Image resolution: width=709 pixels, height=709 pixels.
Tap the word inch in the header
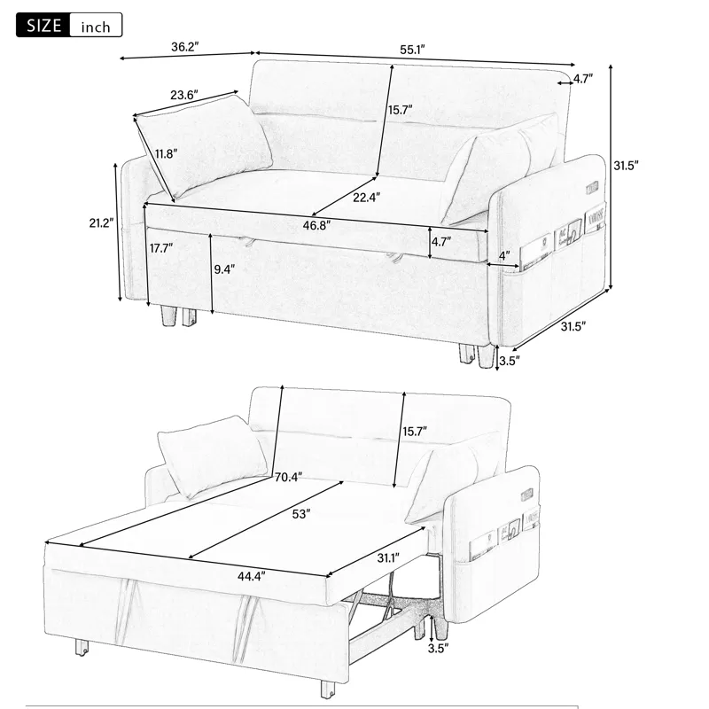pyautogui.click(x=95, y=27)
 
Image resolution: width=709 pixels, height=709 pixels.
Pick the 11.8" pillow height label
pyautogui.click(x=166, y=152)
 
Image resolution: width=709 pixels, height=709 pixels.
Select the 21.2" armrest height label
pyautogui.click(x=99, y=223)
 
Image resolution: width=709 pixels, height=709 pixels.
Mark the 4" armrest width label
pyautogui.click(x=504, y=256)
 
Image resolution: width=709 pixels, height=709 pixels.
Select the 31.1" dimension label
pyautogui.click(x=386, y=557)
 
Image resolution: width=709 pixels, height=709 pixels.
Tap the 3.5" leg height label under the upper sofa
pyautogui.click(x=509, y=361)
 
